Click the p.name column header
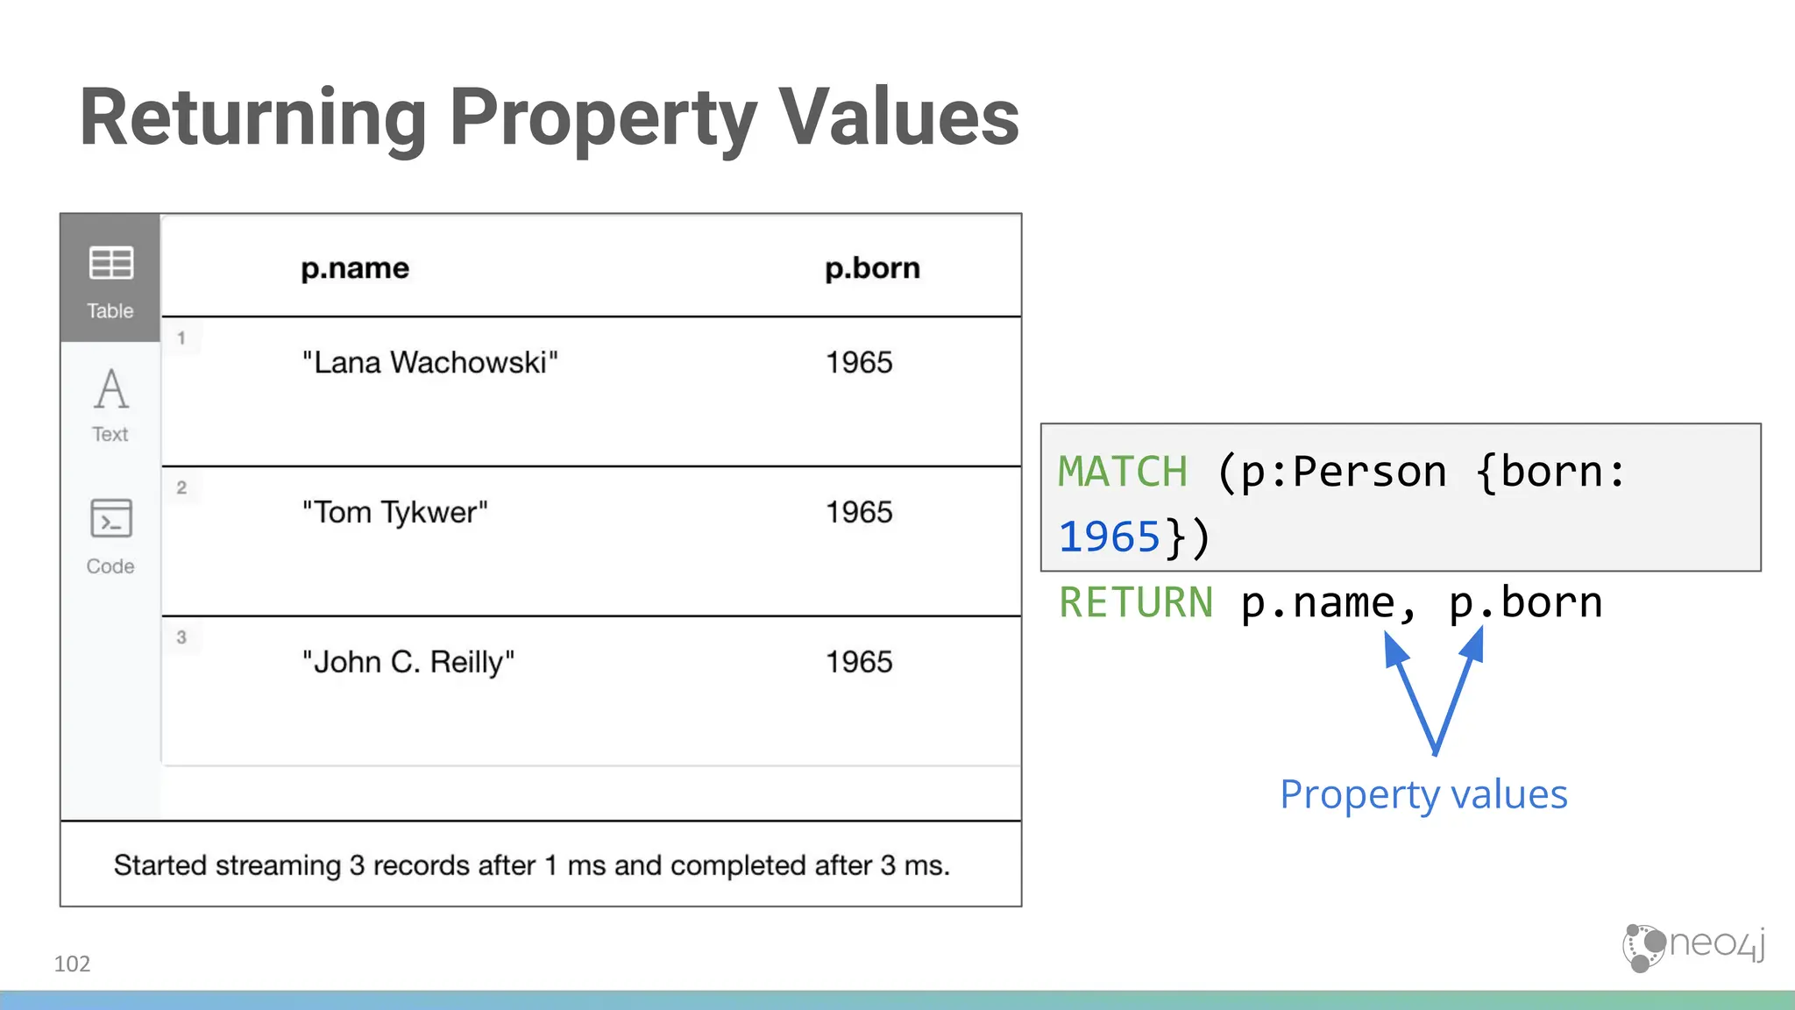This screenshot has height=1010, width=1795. (354, 268)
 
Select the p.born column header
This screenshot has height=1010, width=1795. (872, 268)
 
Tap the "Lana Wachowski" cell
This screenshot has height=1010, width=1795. (429, 363)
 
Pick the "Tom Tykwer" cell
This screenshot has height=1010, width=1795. (394, 513)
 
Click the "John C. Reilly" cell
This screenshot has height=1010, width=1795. (408, 663)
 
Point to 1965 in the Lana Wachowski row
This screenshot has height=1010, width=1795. (859, 363)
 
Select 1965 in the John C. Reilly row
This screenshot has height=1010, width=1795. (859, 663)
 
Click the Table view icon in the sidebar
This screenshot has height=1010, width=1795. (110, 263)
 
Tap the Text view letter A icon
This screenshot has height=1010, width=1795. (111, 390)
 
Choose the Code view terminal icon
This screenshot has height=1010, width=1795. (111, 518)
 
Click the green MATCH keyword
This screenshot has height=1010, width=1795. (1123, 473)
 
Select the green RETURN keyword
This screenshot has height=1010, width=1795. (1136, 603)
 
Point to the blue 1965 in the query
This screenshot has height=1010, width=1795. (1110, 537)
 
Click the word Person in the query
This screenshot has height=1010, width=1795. (1369, 473)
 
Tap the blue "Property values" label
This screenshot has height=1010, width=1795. (1423, 795)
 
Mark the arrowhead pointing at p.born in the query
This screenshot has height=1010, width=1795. (1474, 645)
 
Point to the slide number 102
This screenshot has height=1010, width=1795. (72, 964)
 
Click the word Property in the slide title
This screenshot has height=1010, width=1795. (603, 118)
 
